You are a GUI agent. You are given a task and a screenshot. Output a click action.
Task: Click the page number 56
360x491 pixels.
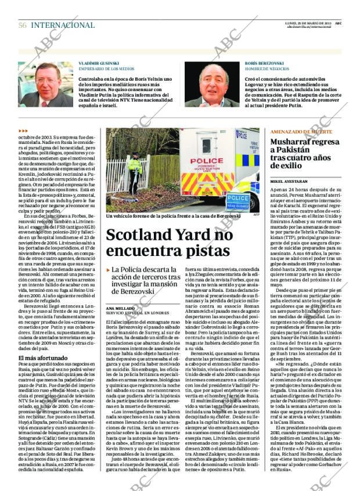[x=23, y=26]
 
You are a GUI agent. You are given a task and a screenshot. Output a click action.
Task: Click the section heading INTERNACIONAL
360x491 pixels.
[x=63, y=26]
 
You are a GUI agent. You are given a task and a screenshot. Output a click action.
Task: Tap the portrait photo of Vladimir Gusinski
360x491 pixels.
[x=45, y=84]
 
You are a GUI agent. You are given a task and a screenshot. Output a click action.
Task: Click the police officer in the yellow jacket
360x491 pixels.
[x=135, y=172]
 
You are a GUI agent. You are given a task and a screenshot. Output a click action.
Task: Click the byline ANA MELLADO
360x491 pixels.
[x=120, y=308]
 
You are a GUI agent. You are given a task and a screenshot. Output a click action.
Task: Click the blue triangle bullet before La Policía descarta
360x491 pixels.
[x=109, y=270]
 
